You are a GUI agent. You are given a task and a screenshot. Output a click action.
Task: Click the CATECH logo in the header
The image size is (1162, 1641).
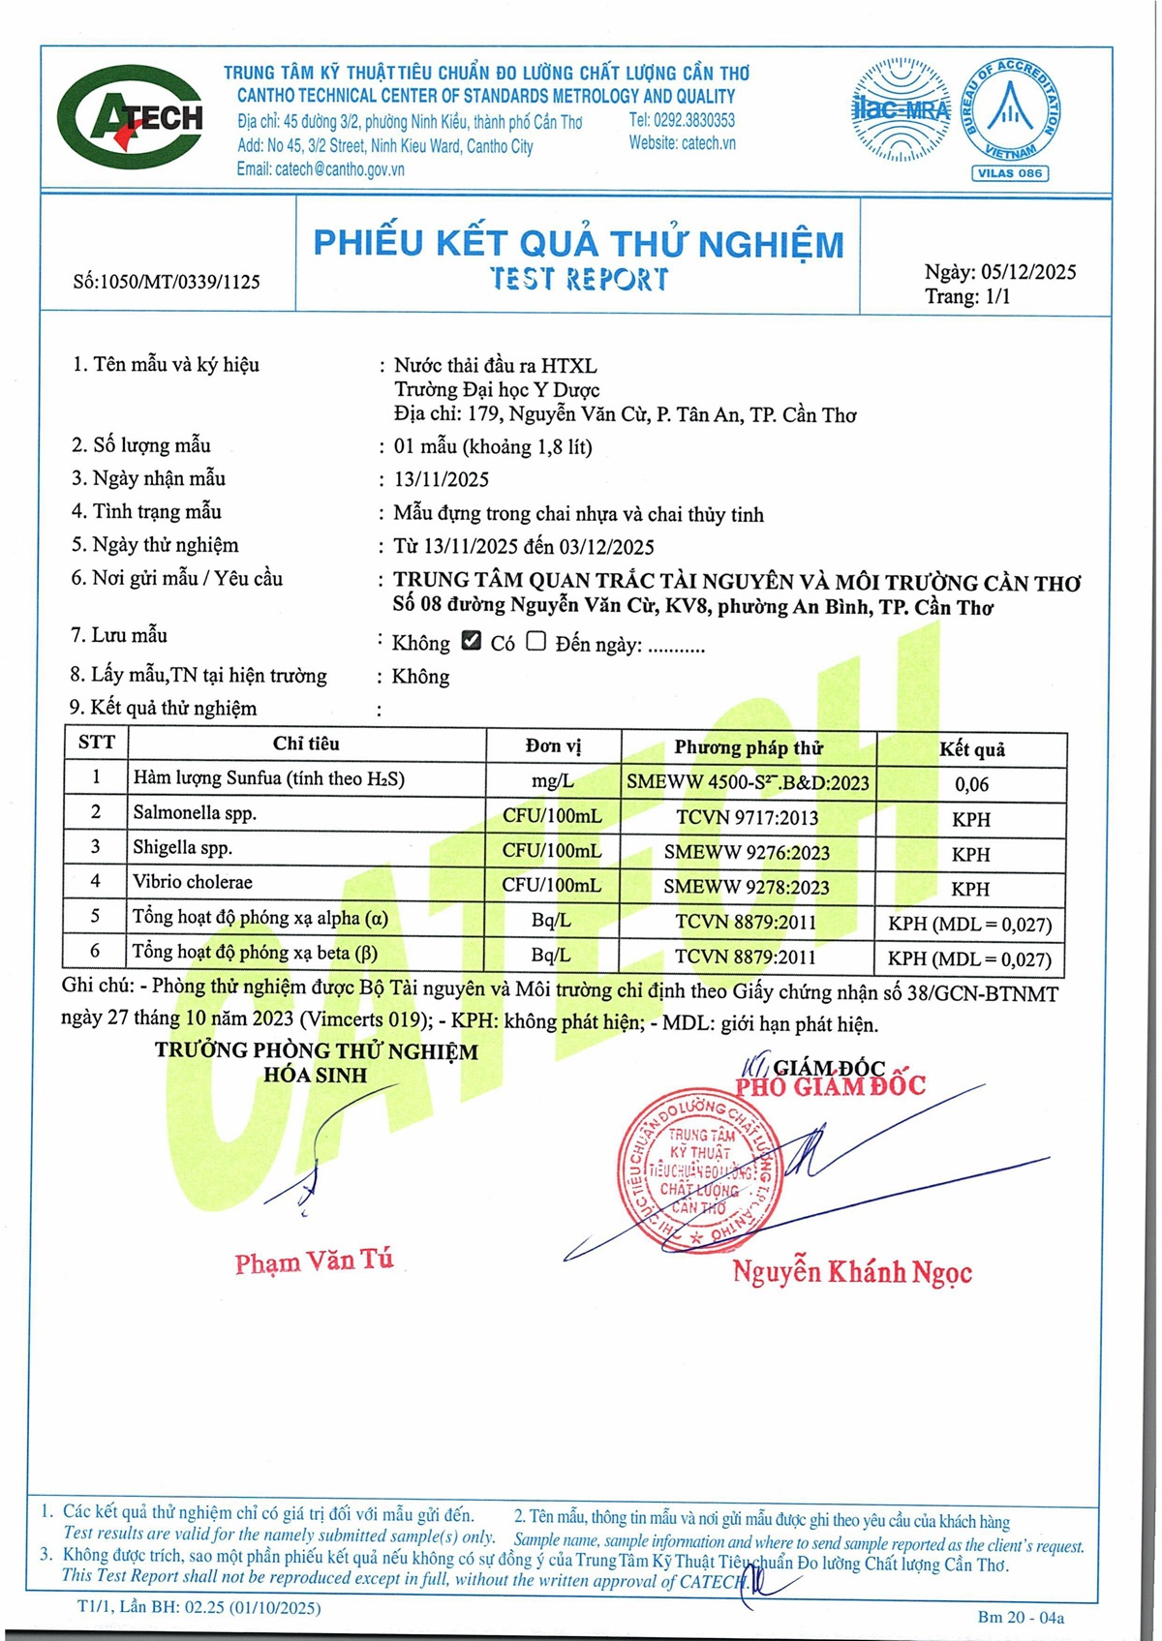point(131,118)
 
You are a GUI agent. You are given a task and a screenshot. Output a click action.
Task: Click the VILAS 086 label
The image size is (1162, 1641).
point(1010,173)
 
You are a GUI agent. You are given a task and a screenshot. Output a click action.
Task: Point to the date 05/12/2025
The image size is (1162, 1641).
point(1028,272)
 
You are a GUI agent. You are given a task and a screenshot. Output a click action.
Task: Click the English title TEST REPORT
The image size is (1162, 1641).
point(578,279)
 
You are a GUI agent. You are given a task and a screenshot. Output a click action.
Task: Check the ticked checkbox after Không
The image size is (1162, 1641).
point(472,641)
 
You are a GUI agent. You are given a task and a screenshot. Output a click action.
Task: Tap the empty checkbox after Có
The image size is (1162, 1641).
point(536,641)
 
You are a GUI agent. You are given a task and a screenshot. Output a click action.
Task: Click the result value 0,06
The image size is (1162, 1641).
point(971,784)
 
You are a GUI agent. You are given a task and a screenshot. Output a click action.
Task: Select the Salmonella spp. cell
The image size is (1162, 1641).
point(195,813)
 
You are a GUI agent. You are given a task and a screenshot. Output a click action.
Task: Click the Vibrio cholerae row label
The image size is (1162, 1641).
point(193,882)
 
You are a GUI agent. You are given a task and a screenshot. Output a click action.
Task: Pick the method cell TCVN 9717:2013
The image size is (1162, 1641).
point(748,818)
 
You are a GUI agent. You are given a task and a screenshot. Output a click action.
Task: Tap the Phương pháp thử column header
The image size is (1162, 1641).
point(749,747)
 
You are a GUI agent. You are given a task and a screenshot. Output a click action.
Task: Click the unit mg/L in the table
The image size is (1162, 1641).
point(552,781)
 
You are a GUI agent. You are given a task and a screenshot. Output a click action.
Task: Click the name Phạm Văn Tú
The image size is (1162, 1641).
point(314,1261)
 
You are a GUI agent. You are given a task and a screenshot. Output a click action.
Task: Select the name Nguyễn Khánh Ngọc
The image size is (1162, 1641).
point(852,1272)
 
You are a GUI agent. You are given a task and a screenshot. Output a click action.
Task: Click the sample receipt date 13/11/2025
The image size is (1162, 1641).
point(441,479)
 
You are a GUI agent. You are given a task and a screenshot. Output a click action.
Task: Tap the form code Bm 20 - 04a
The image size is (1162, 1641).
point(1021,1617)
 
